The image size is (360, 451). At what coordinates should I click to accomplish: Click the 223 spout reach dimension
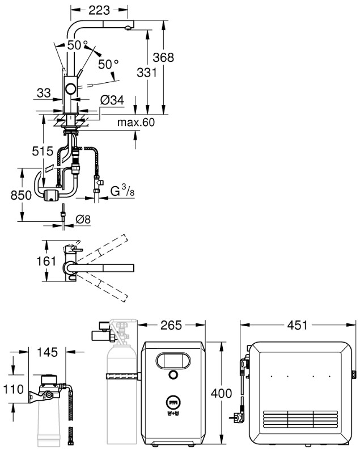pyautogui.click(x=99, y=10)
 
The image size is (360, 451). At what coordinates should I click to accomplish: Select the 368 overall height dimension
pyautogui.click(x=163, y=57)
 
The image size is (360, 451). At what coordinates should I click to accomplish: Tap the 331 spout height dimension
pyautogui.click(x=147, y=73)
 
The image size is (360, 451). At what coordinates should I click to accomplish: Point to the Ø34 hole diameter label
pyautogui.click(x=112, y=100)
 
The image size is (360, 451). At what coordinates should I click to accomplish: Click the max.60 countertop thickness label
pyautogui.click(x=136, y=122)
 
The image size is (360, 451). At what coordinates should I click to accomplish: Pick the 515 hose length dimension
pyautogui.click(x=43, y=151)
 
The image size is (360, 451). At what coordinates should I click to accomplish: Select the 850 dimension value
pyautogui.click(x=21, y=195)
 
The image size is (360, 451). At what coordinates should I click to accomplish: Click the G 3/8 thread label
pyautogui.click(x=122, y=191)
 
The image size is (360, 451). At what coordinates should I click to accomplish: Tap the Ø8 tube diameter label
pyautogui.click(x=83, y=220)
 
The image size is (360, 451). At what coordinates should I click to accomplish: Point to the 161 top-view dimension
pyautogui.click(x=46, y=261)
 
